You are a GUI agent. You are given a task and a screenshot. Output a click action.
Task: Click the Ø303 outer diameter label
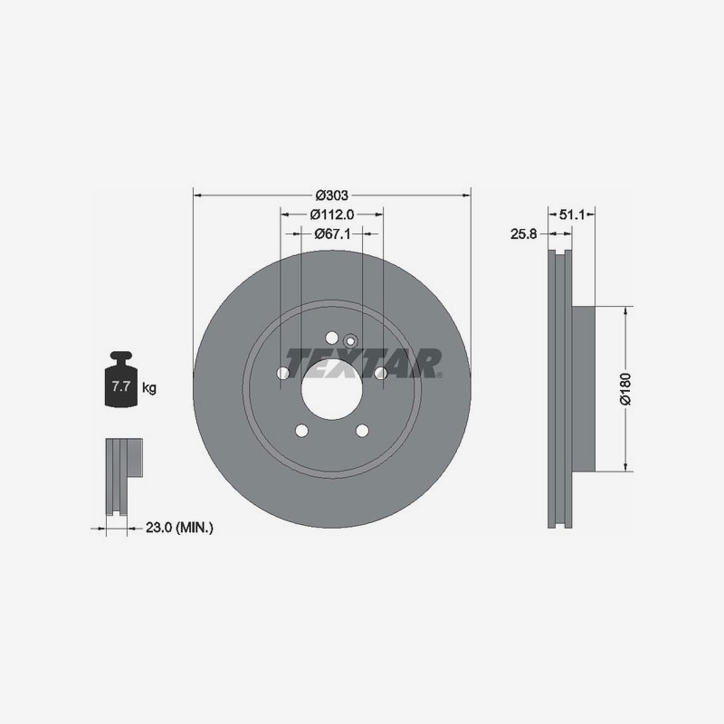(x=332, y=195)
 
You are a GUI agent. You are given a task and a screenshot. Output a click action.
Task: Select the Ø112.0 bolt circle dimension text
(x=331, y=214)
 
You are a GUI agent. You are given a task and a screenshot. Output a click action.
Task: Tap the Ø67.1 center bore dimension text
(x=332, y=233)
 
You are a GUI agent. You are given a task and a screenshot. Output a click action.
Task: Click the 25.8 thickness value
(x=524, y=233)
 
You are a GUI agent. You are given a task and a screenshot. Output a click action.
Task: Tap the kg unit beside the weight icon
(x=149, y=388)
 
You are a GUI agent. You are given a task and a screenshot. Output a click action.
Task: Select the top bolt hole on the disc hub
(x=331, y=336)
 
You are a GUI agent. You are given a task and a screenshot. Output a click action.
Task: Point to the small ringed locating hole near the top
(x=350, y=340)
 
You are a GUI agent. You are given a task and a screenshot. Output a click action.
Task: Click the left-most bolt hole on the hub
(x=282, y=373)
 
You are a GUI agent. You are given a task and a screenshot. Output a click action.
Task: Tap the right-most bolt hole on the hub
(x=380, y=373)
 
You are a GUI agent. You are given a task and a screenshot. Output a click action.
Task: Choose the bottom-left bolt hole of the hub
(x=301, y=430)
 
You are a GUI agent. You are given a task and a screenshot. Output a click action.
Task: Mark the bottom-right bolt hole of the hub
(x=362, y=430)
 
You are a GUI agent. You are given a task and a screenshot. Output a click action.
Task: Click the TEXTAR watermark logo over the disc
(x=362, y=362)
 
